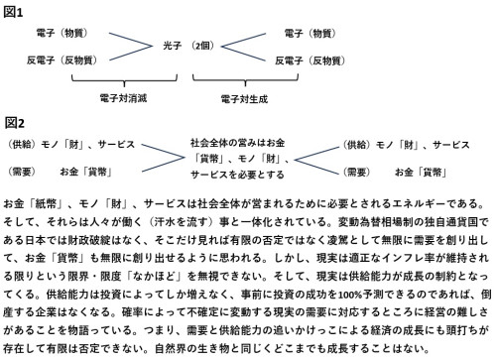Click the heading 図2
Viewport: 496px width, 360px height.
[15, 124]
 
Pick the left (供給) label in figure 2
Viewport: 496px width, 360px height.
[23, 144]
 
